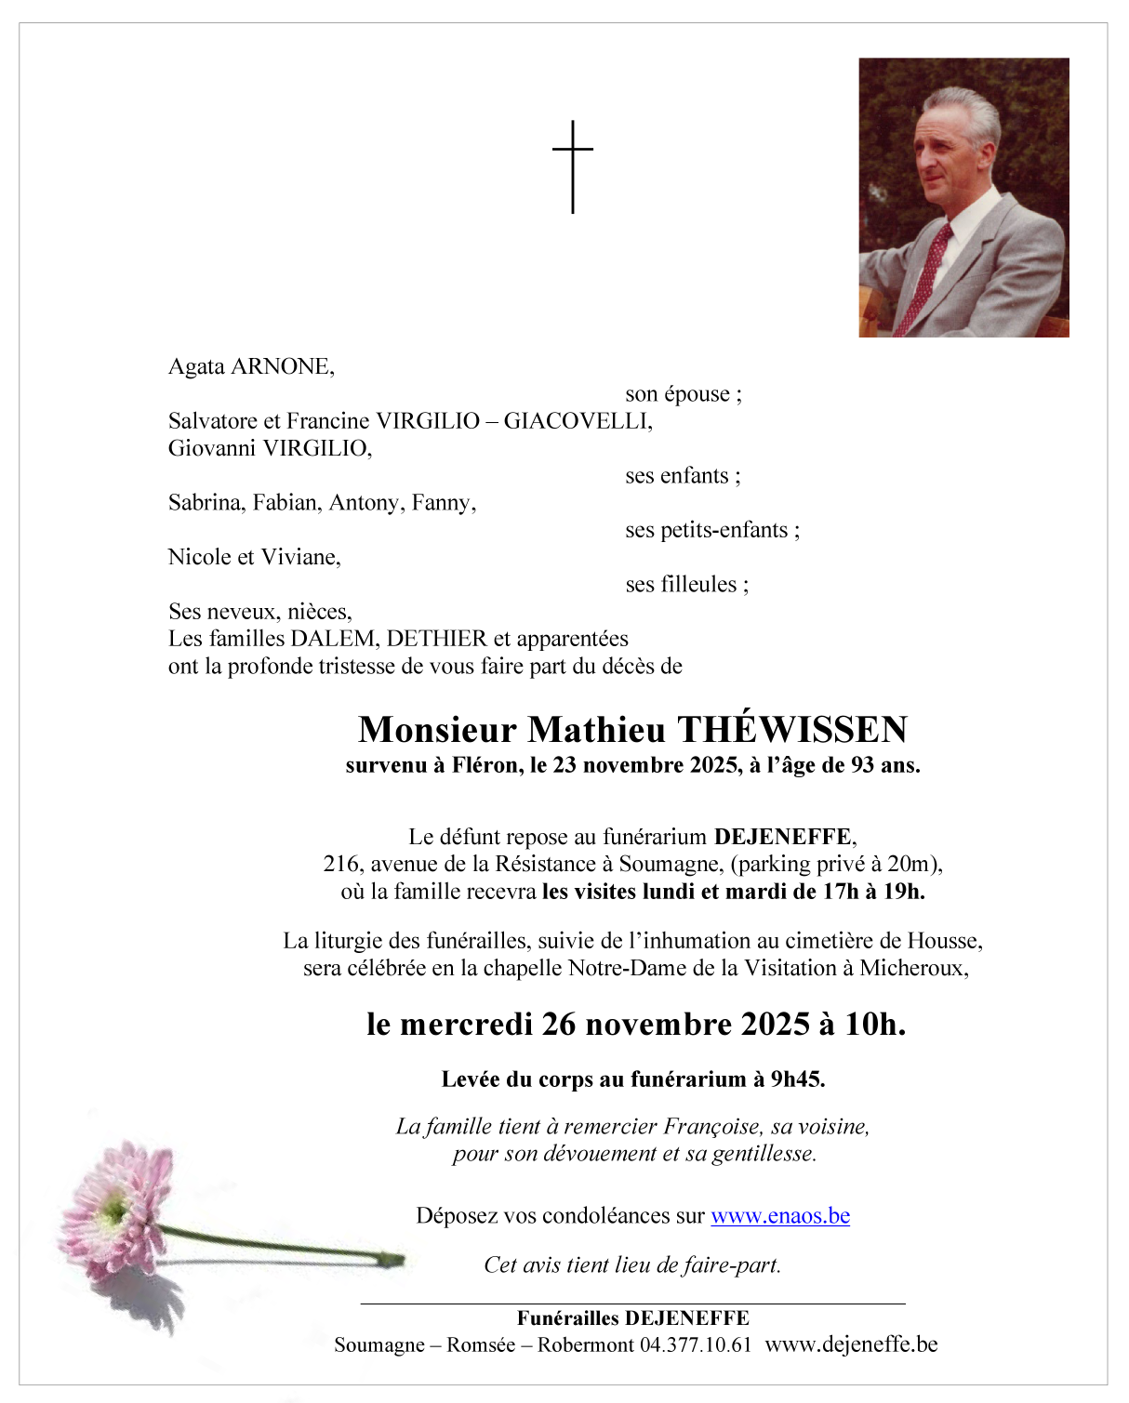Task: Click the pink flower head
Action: [113, 1208]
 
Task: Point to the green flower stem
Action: [279, 1246]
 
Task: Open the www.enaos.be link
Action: [780, 1216]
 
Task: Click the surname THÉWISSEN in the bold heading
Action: [792, 730]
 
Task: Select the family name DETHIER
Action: [437, 639]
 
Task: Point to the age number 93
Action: [862, 766]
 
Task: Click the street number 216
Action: [341, 865]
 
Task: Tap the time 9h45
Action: [797, 1079]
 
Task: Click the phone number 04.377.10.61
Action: [696, 1345]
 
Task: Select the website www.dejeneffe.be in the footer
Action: [851, 1345]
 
